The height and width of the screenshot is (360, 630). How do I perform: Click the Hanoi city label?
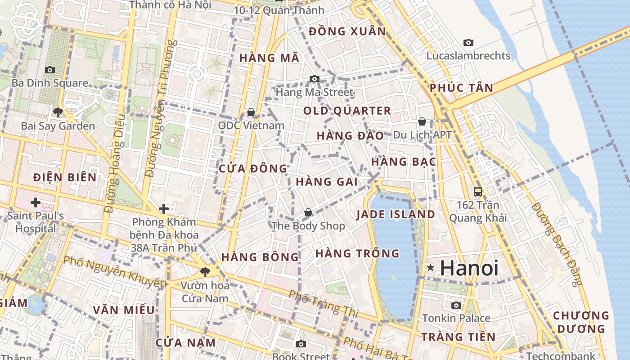(469, 268)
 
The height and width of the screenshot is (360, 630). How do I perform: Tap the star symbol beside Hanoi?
(431, 268)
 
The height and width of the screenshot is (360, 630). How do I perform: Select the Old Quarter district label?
(347, 111)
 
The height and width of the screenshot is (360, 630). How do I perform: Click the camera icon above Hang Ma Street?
(315, 79)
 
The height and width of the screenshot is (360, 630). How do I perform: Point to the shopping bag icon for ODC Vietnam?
(251, 112)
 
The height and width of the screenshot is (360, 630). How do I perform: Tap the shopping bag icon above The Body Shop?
(308, 212)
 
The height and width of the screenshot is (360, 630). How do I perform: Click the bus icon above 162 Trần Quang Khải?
(478, 192)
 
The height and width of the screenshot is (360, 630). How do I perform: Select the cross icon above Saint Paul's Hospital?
(36, 202)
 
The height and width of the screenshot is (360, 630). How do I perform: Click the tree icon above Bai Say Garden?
(58, 112)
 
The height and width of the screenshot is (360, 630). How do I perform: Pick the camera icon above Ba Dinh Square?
(50, 70)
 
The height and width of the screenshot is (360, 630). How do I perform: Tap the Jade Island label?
(396, 214)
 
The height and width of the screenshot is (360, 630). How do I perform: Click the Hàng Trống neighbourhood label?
(357, 253)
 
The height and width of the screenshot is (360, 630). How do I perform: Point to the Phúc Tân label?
(461, 88)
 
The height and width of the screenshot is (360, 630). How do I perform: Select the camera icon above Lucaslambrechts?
(468, 43)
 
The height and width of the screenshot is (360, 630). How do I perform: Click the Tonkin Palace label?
(456, 318)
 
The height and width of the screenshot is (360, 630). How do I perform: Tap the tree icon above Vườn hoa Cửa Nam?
(205, 272)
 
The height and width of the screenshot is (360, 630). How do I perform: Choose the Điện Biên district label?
(65, 177)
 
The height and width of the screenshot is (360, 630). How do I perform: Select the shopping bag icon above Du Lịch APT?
(422, 121)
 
